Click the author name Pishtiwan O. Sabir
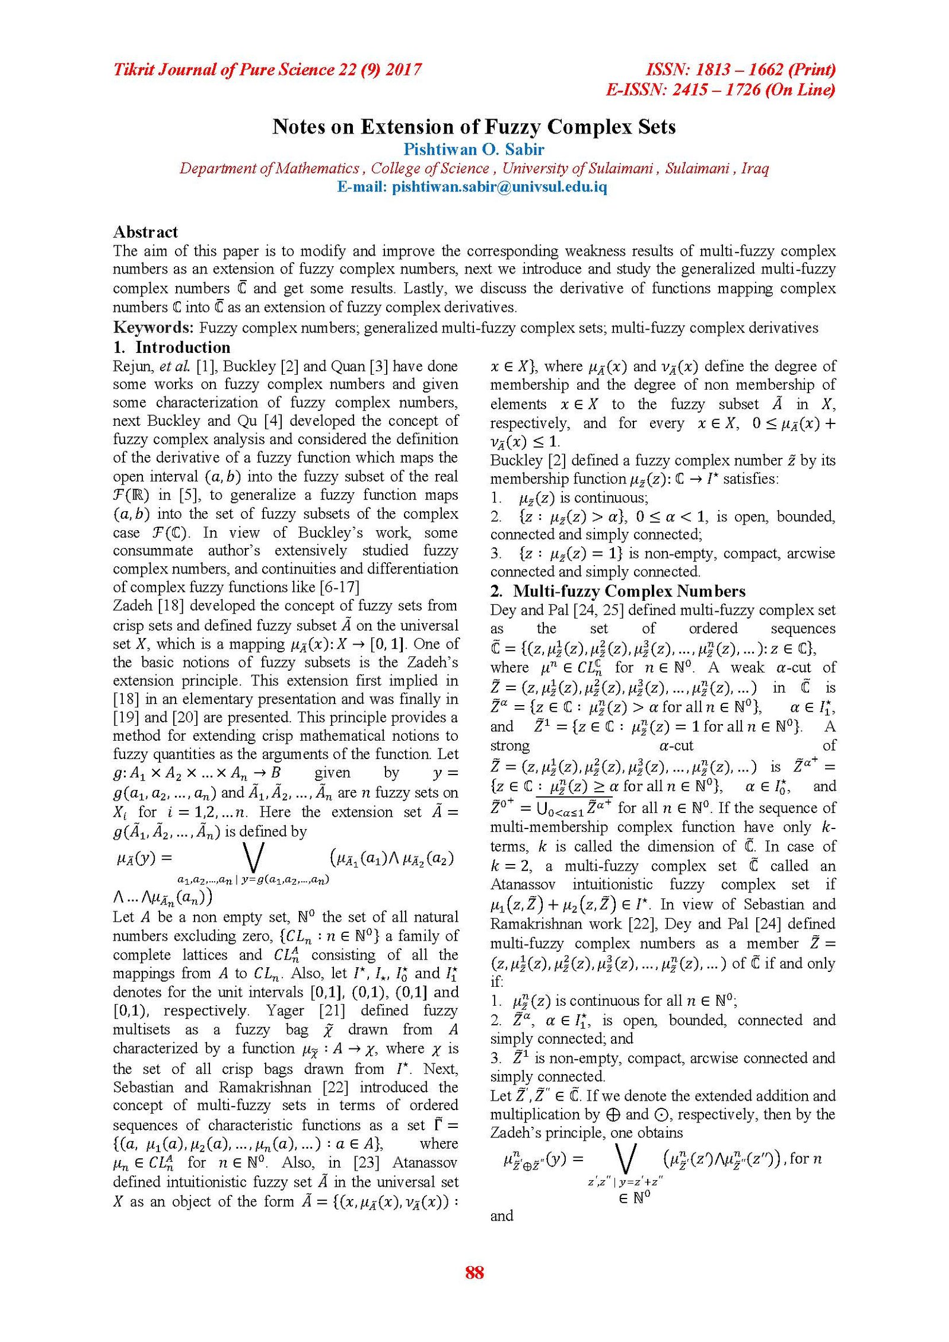coord(473,149)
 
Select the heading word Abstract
coord(145,232)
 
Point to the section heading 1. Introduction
coord(172,348)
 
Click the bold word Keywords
coord(153,328)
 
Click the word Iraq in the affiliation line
coord(755,168)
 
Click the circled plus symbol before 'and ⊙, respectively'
coord(613,1114)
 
